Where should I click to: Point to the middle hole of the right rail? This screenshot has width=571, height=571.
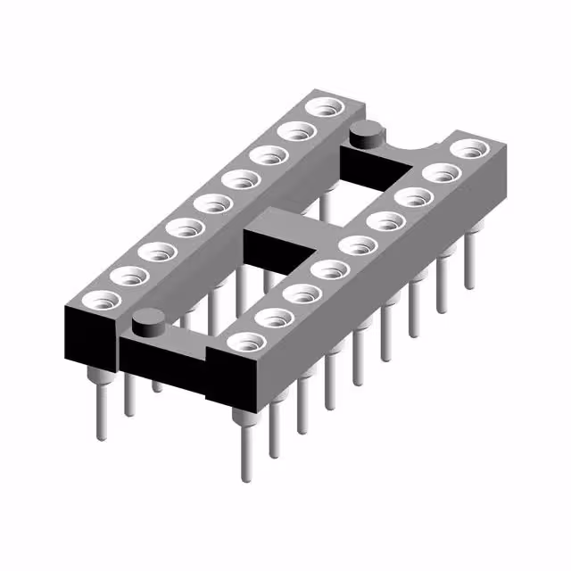(356, 244)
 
